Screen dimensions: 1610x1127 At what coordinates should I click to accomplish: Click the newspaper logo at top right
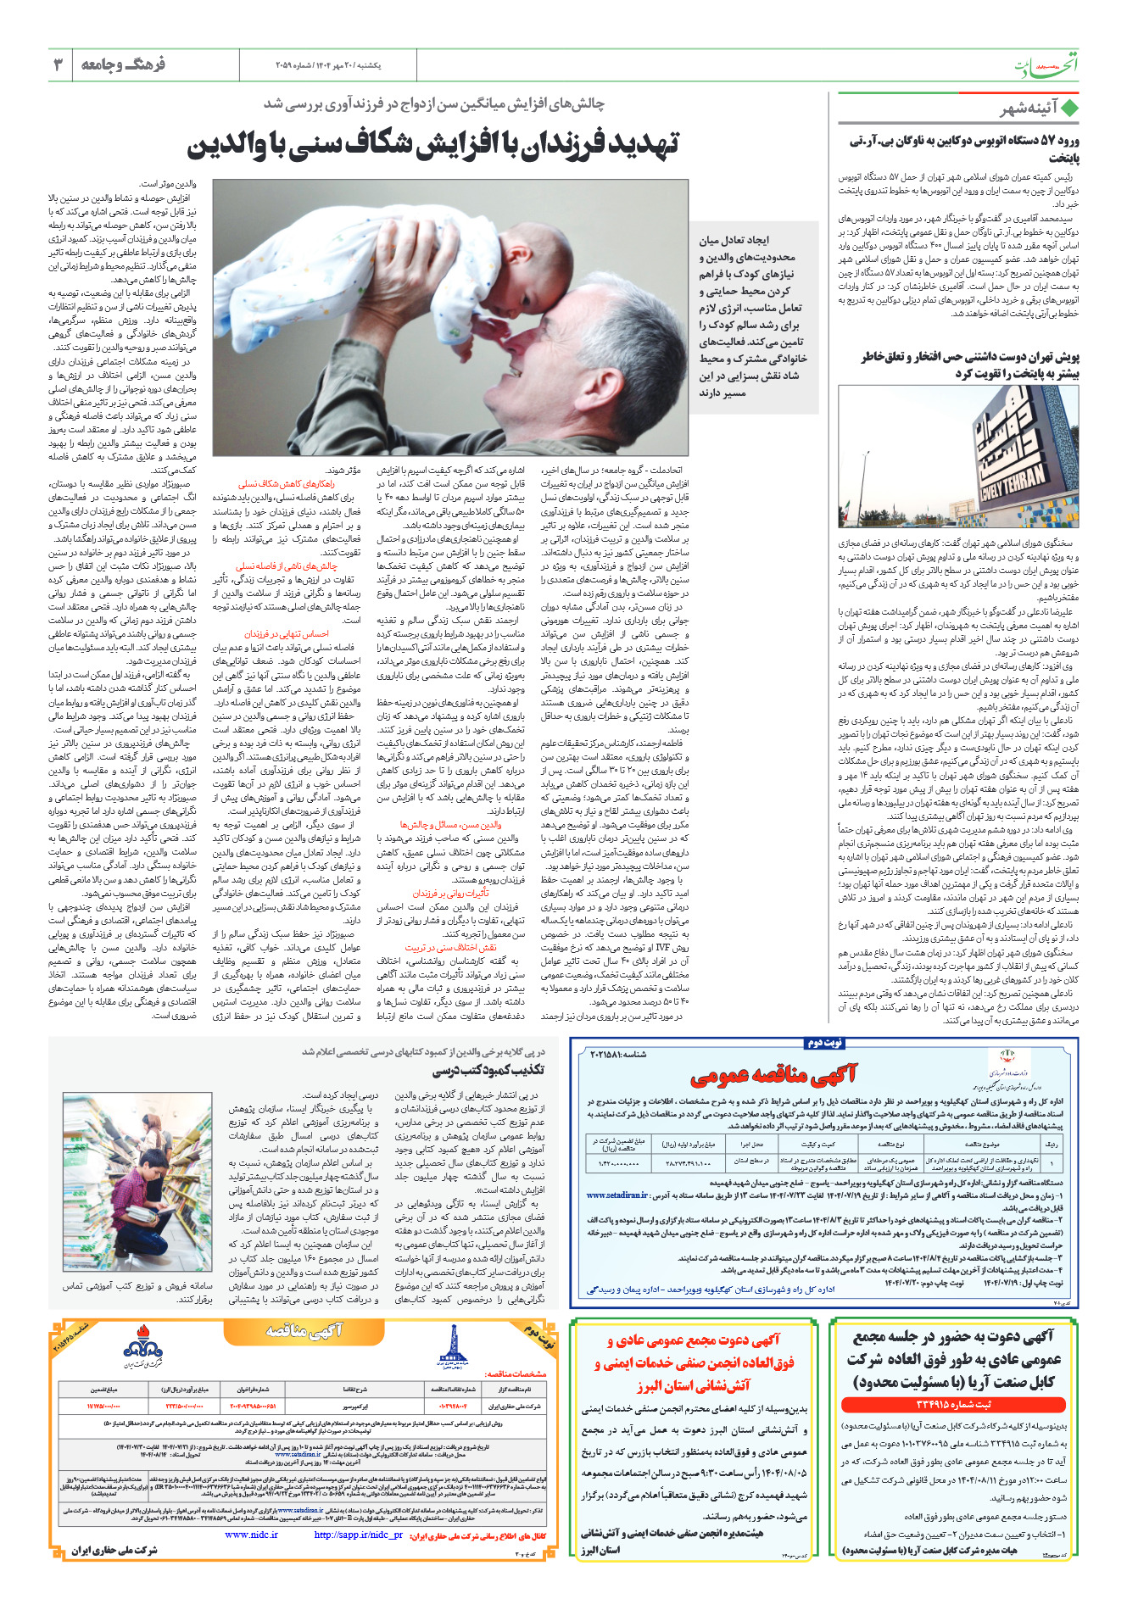click(1047, 67)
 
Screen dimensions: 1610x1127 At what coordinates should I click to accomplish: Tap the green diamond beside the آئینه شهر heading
click(1070, 109)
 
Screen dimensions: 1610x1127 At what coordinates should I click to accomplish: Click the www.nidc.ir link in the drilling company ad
click(251, 1535)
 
